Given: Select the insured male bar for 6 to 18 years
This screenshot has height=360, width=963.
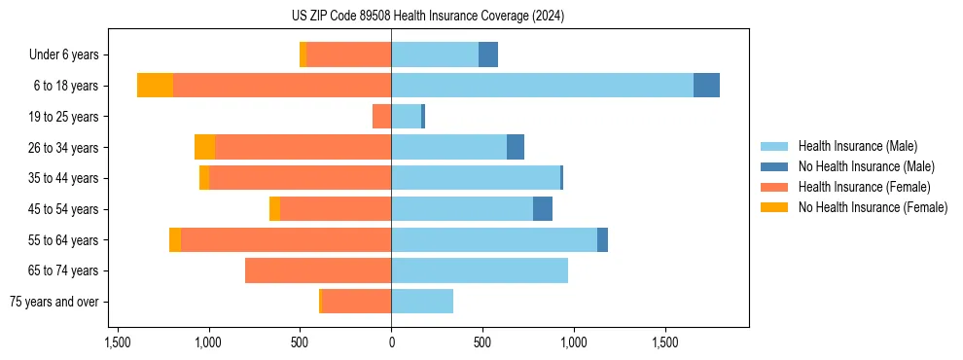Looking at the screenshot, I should pos(542,86).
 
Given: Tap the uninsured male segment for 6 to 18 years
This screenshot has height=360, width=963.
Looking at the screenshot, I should pos(706,86).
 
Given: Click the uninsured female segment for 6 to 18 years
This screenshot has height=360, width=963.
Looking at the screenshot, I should pos(155,86).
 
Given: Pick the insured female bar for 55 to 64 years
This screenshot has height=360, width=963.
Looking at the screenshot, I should pos(286,239).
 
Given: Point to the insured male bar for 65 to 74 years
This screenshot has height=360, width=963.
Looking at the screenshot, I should pos(480,270).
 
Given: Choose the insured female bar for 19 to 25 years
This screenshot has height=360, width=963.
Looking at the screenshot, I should pos(381,117).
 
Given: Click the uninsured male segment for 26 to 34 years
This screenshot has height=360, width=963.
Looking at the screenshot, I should pos(516,147).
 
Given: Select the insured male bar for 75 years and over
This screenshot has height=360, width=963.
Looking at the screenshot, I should pos(422,302).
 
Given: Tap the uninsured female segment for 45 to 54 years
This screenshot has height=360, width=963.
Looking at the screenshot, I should pos(274,209).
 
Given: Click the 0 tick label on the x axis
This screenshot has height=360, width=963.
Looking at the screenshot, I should pos(391,342).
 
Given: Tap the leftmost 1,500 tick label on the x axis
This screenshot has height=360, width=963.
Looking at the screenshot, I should pos(117,342).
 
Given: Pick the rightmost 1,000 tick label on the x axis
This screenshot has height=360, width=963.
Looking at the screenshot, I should pos(574,342).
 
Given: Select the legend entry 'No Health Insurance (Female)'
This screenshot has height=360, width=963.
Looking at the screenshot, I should pos(873,207).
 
